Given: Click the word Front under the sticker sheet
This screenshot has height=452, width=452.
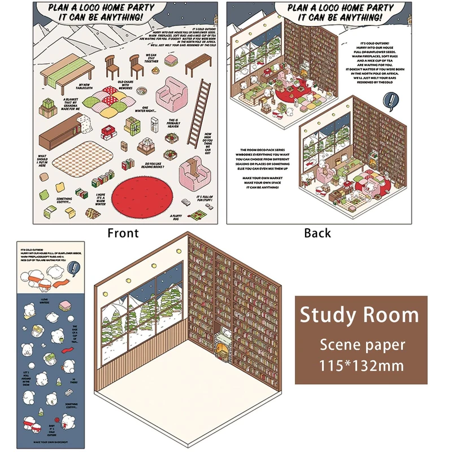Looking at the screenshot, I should [123, 233].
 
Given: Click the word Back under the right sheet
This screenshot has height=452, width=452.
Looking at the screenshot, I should [318, 233].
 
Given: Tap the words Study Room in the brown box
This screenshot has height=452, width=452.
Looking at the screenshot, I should [359, 315].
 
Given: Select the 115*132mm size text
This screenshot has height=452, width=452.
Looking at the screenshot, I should [362, 365].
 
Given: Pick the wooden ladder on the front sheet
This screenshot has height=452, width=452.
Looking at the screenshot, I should [195, 121].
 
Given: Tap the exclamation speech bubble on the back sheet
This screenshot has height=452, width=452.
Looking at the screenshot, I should [390, 101].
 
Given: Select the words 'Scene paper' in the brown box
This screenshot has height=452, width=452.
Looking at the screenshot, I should [362, 345].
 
